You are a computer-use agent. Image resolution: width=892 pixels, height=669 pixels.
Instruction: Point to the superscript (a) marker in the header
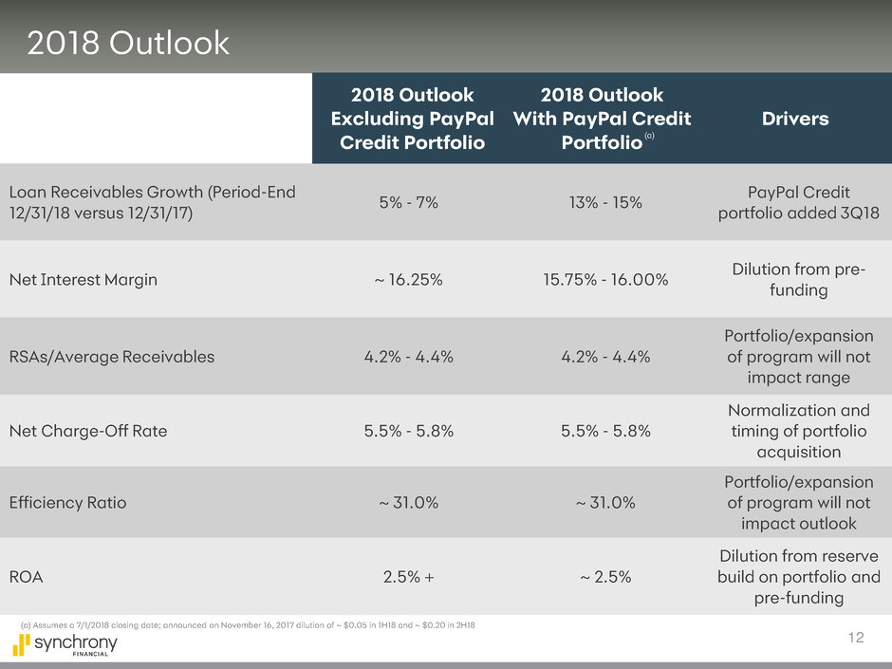click(649, 139)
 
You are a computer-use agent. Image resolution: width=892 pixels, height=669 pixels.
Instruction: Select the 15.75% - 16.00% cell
click(601, 280)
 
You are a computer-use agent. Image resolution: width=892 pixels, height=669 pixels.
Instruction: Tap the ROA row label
click(27, 575)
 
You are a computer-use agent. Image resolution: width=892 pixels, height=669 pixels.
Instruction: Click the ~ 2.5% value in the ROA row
click(601, 575)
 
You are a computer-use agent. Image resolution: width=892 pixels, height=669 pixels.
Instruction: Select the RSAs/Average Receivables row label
click(112, 357)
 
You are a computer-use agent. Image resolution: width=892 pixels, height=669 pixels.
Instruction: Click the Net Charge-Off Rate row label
click(88, 431)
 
